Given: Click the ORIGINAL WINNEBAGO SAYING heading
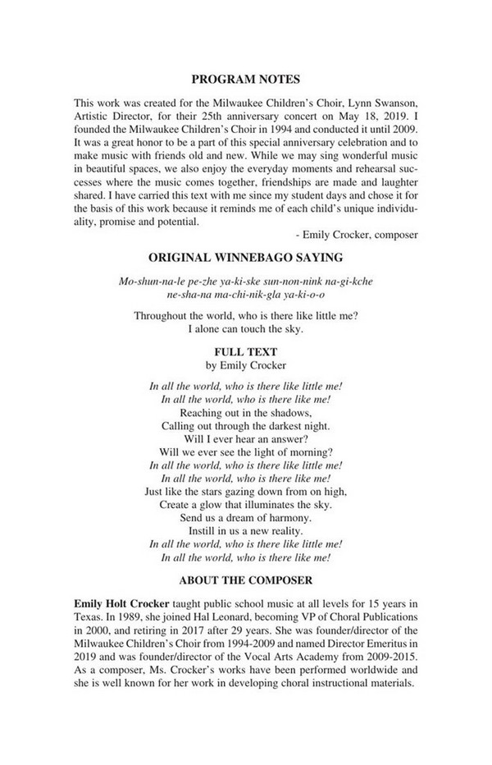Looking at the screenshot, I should coord(245,257).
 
